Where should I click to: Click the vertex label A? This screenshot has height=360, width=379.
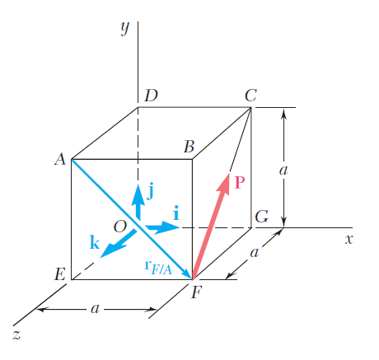pyautogui.click(x=60, y=159)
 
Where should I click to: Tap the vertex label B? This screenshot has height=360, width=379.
pyautogui.click(x=189, y=147)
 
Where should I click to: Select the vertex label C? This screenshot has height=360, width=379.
pyautogui.click(x=250, y=96)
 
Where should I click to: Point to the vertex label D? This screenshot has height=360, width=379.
pyautogui.click(x=152, y=96)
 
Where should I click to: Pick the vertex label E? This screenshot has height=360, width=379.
pyautogui.click(x=60, y=274)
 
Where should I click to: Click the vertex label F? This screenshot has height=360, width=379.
pyautogui.click(x=197, y=292)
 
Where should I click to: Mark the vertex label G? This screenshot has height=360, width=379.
pyautogui.click(x=261, y=217)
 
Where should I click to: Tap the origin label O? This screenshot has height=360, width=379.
pyautogui.click(x=120, y=227)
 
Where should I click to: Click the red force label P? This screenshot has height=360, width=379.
pyautogui.click(x=239, y=183)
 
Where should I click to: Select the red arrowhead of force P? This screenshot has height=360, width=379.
pyautogui.click(x=224, y=184)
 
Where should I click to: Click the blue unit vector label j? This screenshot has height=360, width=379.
pyautogui.click(x=150, y=191)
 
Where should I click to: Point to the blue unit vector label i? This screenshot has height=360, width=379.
pyautogui.click(x=176, y=213)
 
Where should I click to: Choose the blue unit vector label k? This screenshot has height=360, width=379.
pyautogui.click(x=95, y=242)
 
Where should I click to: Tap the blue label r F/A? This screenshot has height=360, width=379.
pyautogui.click(x=158, y=268)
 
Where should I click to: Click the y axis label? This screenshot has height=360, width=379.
pyautogui.click(x=125, y=28)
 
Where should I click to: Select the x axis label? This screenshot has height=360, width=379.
pyautogui.click(x=349, y=240)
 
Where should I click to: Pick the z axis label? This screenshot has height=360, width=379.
pyautogui.click(x=16, y=335)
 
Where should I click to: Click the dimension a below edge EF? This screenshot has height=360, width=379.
pyautogui.click(x=95, y=309)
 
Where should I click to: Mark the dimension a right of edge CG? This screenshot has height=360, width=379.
pyautogui.click(x=283, y=171)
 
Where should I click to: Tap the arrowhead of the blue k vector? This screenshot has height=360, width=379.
pyautogui.click(x=110, y=250)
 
